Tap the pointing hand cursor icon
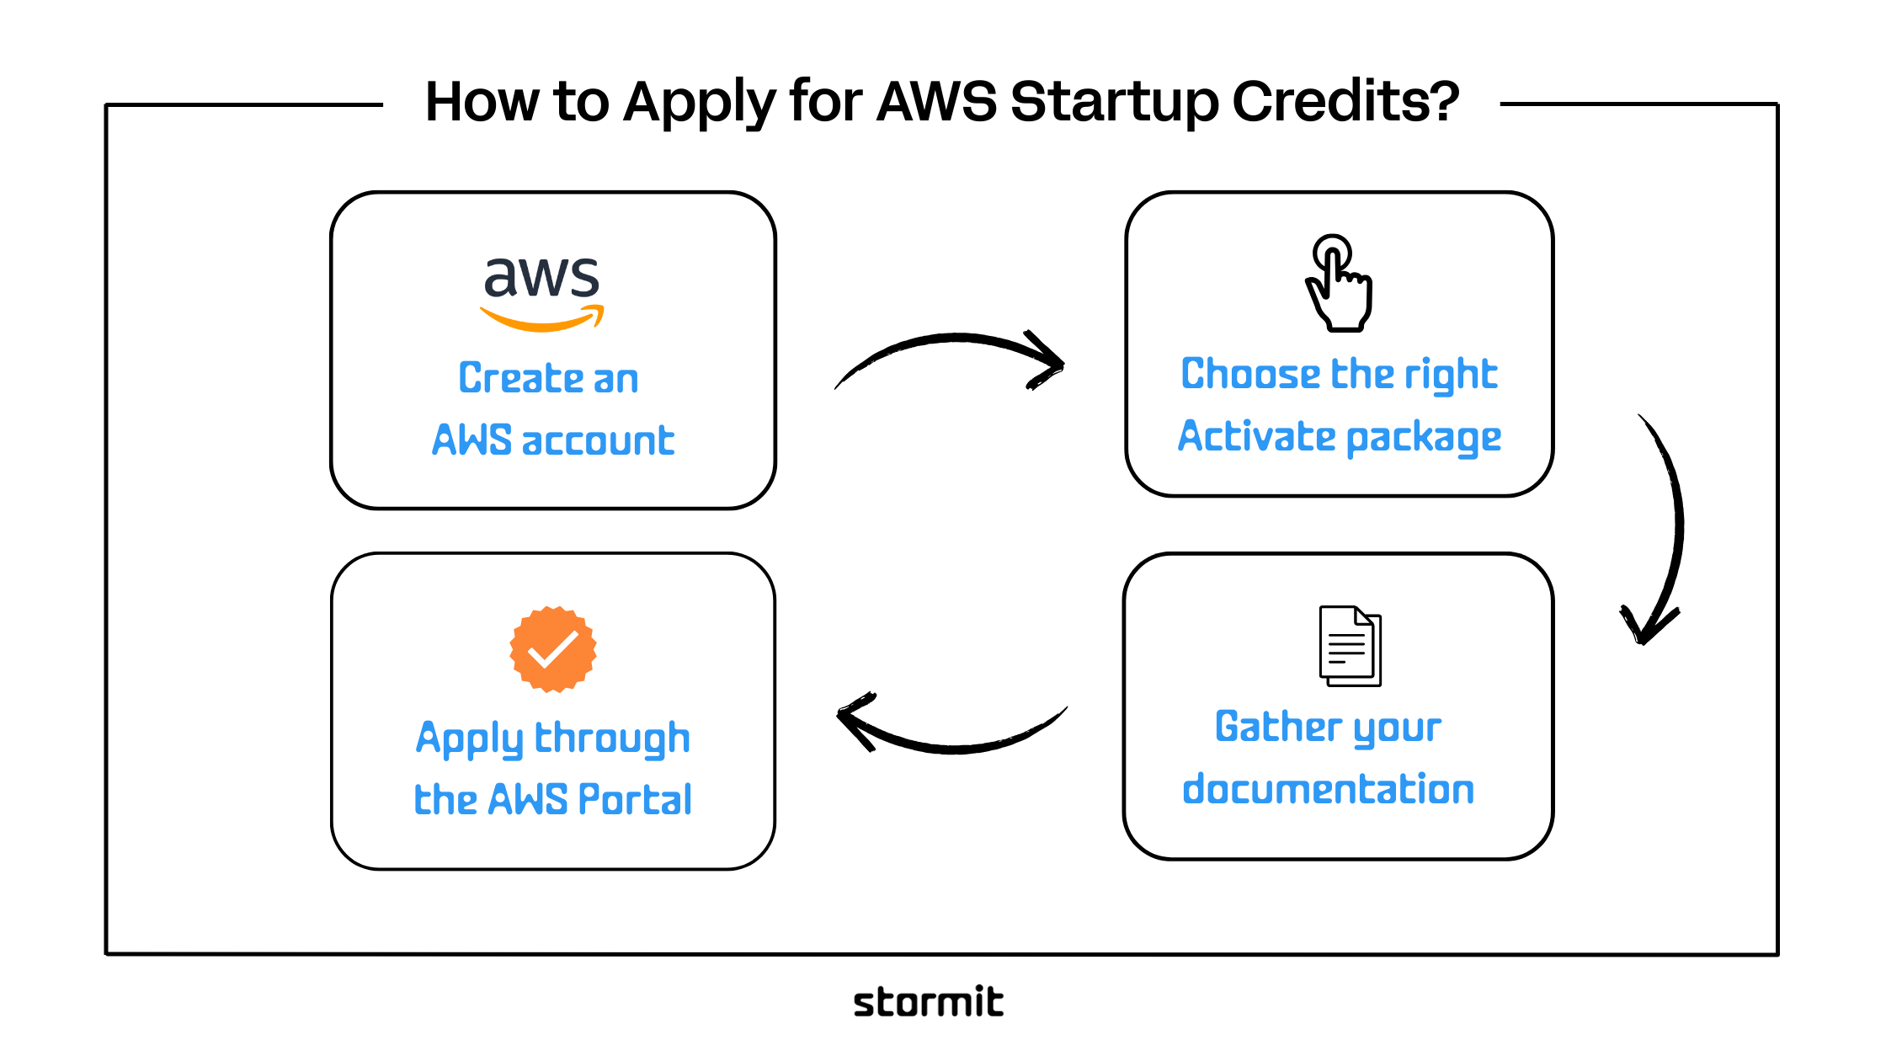pos(1340,284)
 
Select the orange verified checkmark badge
pos(553,649)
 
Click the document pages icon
pos(1350,646)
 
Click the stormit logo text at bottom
pos(928,1002)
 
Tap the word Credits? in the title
pos(1345,102)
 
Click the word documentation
pos(1328,790)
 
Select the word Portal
pos(635,800)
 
